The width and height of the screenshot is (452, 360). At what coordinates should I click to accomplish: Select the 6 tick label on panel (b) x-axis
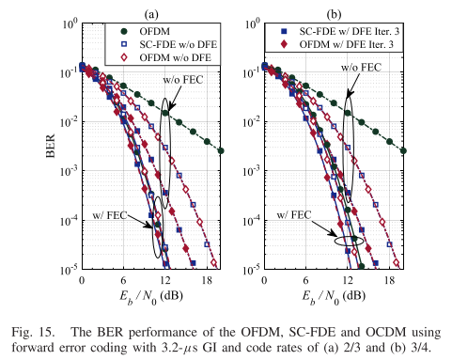308,280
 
